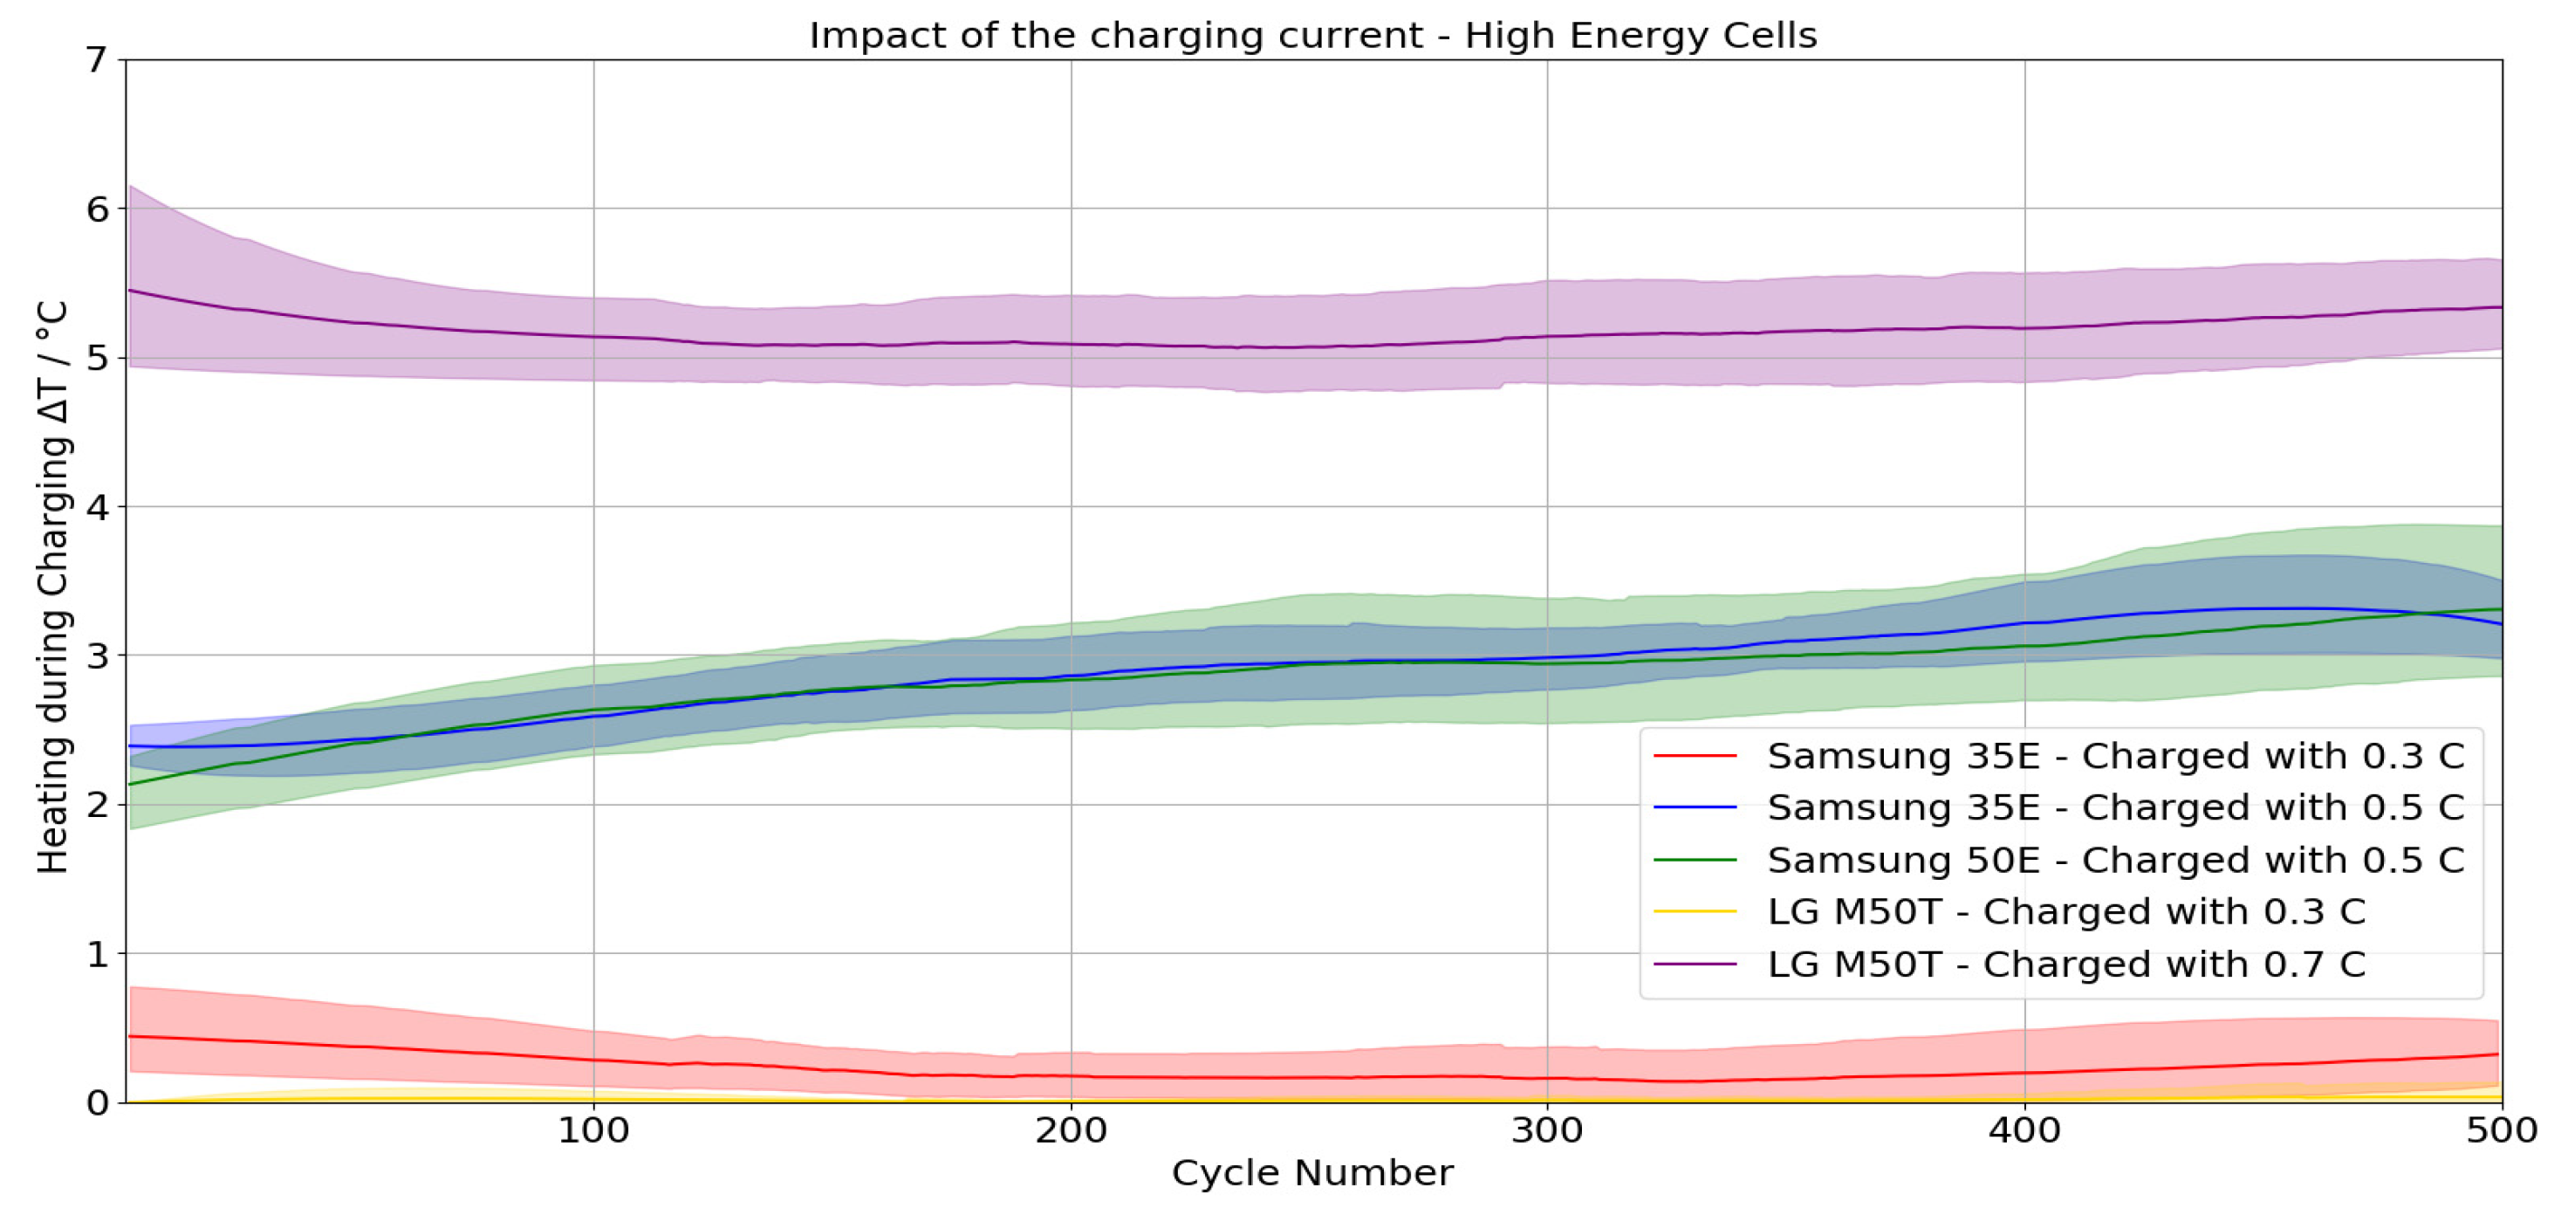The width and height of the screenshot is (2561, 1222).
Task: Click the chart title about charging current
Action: [x=1312, y=36]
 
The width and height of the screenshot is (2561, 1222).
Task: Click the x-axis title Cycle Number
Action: [x=1312, y=1173]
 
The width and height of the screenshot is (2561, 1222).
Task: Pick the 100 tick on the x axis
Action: [x=593, y=1131]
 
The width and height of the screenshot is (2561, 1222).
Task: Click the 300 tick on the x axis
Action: [x=1547, y=1131]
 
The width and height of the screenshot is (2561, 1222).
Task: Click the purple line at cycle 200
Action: [x=1071, y=344]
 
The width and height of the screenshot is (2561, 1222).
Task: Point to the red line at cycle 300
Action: [x=1547, y=1078]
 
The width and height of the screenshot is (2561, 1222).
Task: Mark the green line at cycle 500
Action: [x=2497, y=609]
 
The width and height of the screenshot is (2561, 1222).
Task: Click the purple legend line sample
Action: [x=1695, y=965]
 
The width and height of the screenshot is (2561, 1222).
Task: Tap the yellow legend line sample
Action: [x=1695, y=912]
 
